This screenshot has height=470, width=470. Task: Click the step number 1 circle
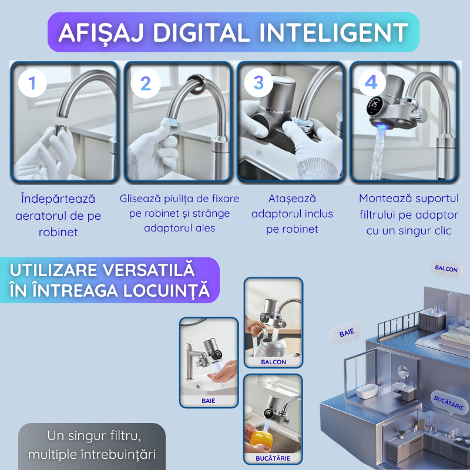click(32, 83)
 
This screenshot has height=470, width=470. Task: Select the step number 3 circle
click(258, 83)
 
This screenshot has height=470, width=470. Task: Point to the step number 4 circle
click(371, 83)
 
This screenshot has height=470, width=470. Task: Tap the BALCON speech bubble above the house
click(446, 268)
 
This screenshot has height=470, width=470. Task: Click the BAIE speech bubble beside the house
click(347, 333)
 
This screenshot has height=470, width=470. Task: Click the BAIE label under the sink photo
click(208, 401)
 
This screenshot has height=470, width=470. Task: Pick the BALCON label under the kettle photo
click(273, 362)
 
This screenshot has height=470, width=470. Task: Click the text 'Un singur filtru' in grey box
click(92, 437)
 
